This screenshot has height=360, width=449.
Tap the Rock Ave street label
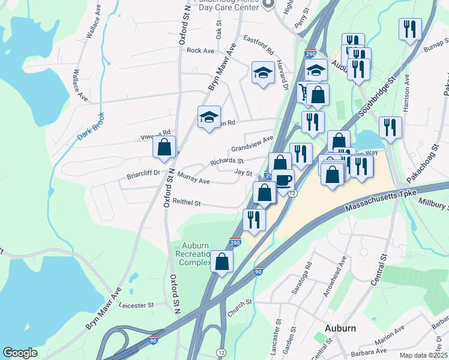200,51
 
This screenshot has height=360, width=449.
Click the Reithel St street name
186,203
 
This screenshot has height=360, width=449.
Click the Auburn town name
340,328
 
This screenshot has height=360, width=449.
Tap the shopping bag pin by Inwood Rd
164,147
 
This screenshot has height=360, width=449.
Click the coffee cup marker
283,179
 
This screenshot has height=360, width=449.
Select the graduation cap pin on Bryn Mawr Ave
209,116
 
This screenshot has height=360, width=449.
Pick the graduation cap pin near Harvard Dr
262,73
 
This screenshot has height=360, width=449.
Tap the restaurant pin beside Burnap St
410,29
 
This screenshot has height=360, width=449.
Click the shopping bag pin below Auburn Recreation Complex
222,262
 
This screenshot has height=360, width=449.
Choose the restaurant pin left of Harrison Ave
391,127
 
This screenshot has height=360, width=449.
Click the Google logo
20,353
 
